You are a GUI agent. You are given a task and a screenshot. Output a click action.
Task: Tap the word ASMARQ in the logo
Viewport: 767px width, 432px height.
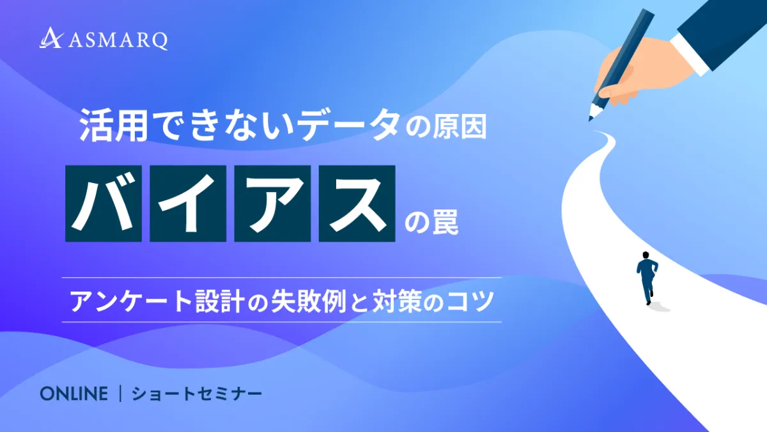point(118,40)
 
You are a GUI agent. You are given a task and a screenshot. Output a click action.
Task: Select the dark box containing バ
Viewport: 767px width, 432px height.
point(104,204)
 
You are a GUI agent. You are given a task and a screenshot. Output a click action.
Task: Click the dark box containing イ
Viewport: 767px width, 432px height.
point(188,204)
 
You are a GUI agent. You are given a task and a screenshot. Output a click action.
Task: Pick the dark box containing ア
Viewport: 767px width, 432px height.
point(272,204)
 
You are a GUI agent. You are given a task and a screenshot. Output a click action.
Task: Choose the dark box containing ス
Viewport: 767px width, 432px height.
point(357,204)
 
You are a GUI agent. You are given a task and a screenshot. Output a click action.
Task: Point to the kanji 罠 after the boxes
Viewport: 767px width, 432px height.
point(445,222)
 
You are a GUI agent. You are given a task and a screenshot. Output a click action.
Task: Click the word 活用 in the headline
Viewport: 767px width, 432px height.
point(114,125)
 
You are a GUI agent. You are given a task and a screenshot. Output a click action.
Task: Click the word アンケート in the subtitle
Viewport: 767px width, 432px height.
point(131,301)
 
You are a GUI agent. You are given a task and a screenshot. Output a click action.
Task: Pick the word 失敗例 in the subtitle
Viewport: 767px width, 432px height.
point(309,301)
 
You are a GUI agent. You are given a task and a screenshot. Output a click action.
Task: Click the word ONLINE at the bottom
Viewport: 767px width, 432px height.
point(74,394)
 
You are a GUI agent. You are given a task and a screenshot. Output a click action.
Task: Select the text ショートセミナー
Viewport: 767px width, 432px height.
point(197,394)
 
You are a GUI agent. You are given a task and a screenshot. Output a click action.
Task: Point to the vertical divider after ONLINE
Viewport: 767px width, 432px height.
point(120,394)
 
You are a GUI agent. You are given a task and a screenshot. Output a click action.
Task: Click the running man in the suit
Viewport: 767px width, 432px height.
point(647,278)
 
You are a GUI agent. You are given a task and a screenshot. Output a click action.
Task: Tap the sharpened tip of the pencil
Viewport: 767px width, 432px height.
point(590,119)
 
